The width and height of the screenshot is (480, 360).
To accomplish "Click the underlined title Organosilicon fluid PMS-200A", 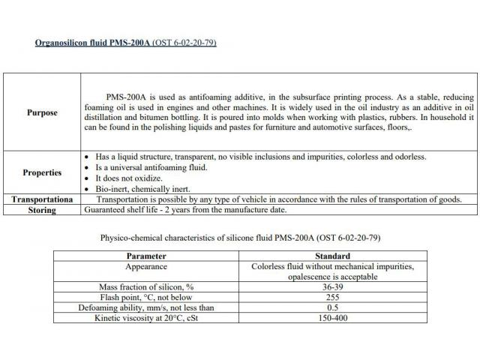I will (x=94, y=43).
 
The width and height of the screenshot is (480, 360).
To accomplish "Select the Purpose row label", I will (x=42, y=112).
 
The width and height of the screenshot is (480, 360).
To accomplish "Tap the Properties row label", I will (x=42, y=172).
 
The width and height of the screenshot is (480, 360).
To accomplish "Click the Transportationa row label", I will (x=42, y=199).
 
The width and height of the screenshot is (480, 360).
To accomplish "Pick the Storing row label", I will (x=42, y=210).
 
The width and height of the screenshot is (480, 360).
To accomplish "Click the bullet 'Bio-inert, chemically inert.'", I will (x=143, y=188).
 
